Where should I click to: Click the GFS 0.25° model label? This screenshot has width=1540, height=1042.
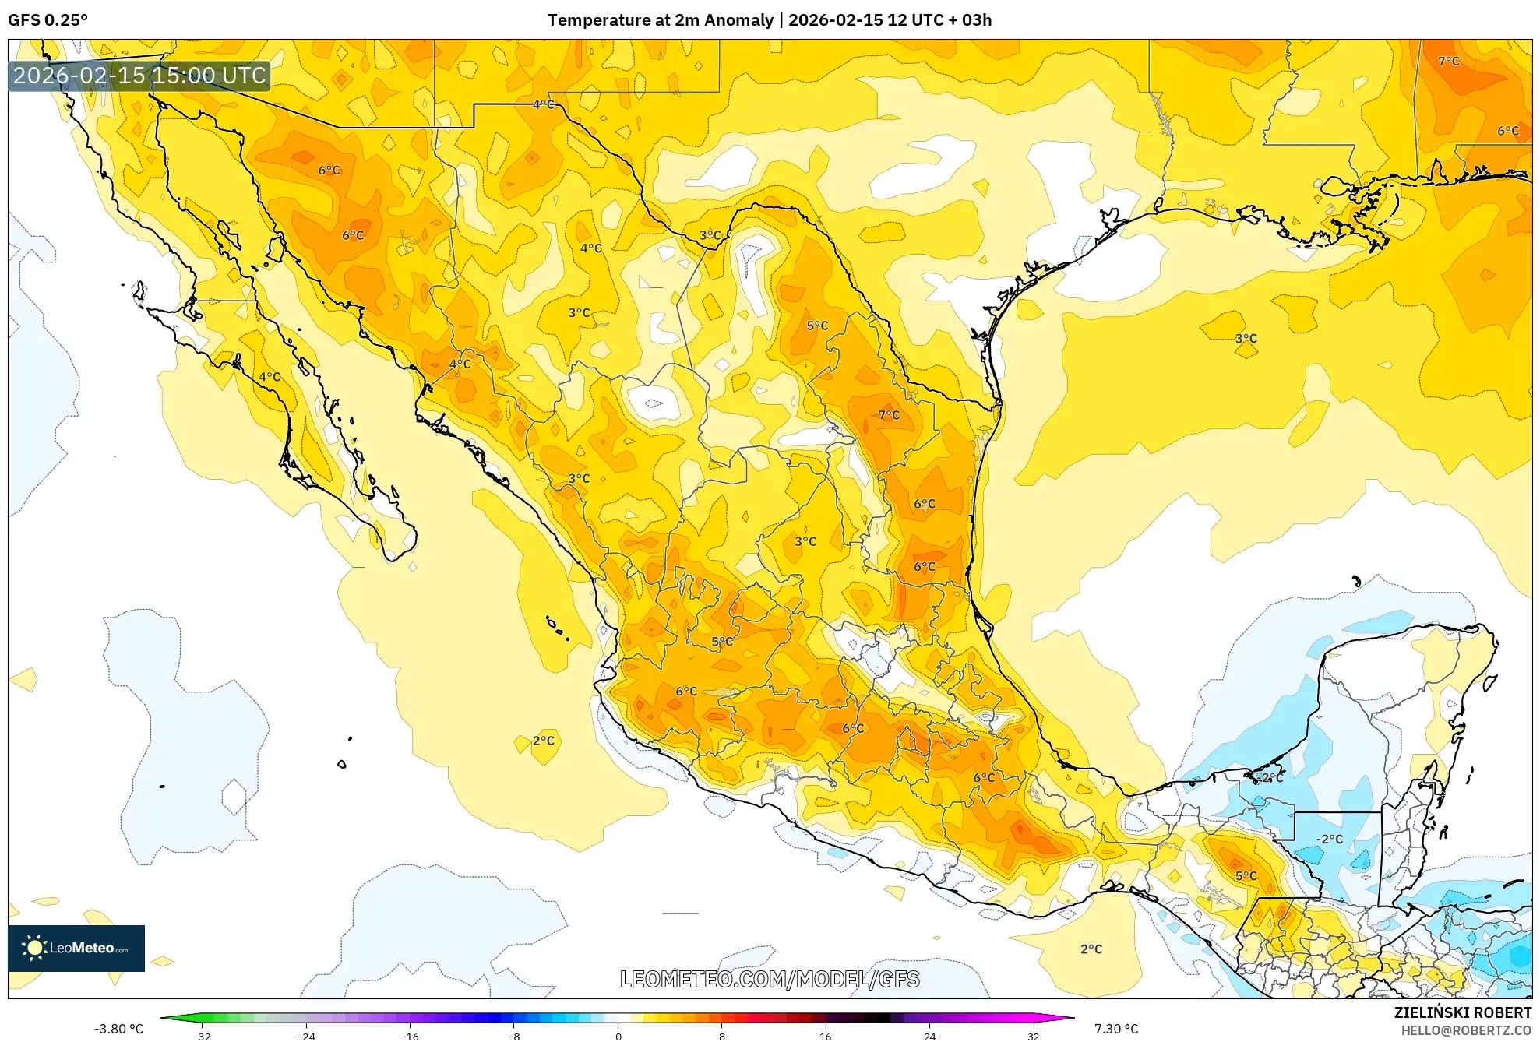(x=48, y=19)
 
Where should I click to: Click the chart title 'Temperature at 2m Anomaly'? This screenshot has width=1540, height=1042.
(x=660, y=19)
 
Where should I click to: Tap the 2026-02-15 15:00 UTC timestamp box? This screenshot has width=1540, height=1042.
(x=139, y=76)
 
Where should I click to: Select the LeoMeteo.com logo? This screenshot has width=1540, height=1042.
(x=76, y=948)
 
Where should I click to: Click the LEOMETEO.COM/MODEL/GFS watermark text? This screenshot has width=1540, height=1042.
(x=770, y=979)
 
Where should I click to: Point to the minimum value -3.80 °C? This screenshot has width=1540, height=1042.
(x=118, y=1029)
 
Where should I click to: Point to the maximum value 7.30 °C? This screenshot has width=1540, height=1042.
(x=1115, y=1029)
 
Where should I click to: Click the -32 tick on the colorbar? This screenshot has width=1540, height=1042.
(x=202, y=1037)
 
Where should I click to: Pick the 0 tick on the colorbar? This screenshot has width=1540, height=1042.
(x=618, y=1037)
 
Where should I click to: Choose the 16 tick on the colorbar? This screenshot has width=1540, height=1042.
(x=825, y=1037)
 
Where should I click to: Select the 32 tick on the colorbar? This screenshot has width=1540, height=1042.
(x=1032, y=1037)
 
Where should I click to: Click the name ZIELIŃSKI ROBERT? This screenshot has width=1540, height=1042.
(x=1462, y=1012)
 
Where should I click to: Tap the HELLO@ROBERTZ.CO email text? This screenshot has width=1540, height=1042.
(x=1466, y=1030)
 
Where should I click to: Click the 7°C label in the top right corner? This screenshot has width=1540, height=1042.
(x=1448, y=61)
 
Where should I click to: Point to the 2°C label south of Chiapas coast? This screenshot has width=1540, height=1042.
(x=1091, y=949)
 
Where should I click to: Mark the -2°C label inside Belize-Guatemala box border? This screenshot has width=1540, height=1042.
(x=1329, y=839)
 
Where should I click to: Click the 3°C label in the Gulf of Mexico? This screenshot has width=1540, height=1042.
(x=1246, y=338)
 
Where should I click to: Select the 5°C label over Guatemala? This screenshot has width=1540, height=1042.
(x=1246, y=875)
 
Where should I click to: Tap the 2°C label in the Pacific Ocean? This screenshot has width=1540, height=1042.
(x=543, y=741)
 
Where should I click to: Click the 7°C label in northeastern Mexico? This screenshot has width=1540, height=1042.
(x=888, y=415)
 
